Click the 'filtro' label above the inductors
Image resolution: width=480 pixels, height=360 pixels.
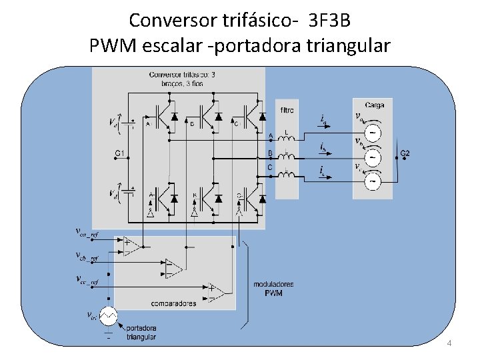coord(287,110)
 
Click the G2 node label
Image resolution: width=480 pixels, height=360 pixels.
coord(405,154)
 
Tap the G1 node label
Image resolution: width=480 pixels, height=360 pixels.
coord(120,154)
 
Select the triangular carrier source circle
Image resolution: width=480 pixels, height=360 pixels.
coord(109,315)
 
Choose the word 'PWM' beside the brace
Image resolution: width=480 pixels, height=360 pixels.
coord(273,293)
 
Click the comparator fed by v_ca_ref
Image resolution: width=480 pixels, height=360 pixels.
coord(131,247)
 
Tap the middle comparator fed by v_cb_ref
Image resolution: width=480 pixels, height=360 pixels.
coord(174,269)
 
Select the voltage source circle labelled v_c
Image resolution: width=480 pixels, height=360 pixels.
coord(374,179)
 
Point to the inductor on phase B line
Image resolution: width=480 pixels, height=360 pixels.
coord(287,159)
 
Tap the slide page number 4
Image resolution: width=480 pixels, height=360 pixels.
coord(449,343)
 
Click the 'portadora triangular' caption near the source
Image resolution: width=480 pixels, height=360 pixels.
coord(141,333)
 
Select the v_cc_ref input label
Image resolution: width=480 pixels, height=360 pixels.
coord(86,281)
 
